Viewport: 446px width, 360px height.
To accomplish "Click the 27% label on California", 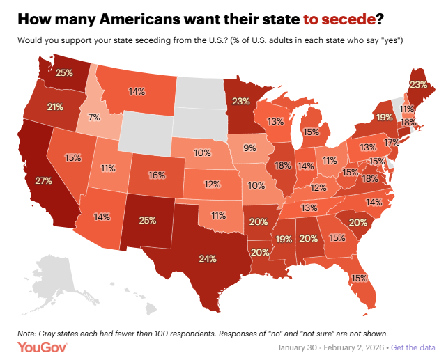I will pyautogui.click(x=45, y=181).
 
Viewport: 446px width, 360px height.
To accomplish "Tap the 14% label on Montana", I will pyautogui.click(x=137, y=91).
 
